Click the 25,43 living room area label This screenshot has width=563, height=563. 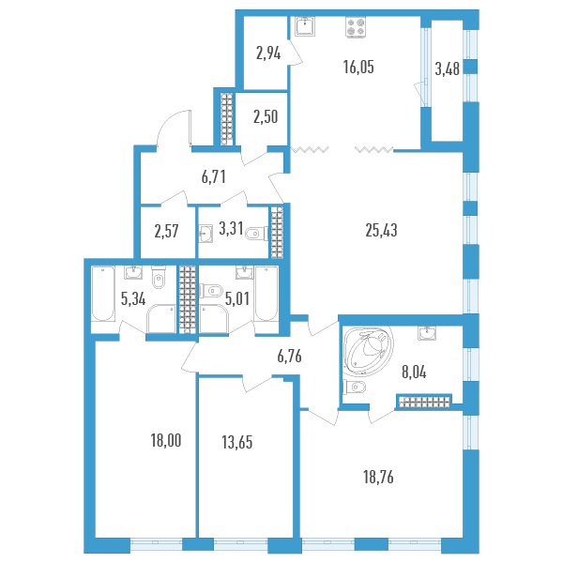pos(381,230)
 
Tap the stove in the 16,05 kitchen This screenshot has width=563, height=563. pos(356,27)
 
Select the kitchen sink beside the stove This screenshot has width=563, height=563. pos(305,26)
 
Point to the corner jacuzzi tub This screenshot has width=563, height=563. pos(368,351)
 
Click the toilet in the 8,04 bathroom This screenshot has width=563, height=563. pos(354,387)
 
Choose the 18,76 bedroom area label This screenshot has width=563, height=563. pos(378,478)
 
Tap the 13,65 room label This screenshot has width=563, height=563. pos(237,442)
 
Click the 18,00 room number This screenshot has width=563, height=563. pos(166,441)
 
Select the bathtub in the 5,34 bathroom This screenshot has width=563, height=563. pos(103,294)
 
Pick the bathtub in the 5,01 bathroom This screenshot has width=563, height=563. pos(266,294)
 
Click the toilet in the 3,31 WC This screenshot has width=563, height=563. pos(257,234)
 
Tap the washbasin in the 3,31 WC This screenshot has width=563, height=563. pos(205,234)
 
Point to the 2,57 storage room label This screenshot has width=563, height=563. pos(166,231)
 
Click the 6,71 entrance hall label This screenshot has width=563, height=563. pos(213,177)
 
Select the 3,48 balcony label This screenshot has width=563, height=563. pos(447,68)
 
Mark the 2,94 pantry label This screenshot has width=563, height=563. pos(268,53)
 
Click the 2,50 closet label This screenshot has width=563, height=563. pos(266,117)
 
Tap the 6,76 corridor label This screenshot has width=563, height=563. pos(289,357)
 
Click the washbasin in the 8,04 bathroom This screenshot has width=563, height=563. pos(427,333)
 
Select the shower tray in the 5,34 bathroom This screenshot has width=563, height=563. pos(160,319)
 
